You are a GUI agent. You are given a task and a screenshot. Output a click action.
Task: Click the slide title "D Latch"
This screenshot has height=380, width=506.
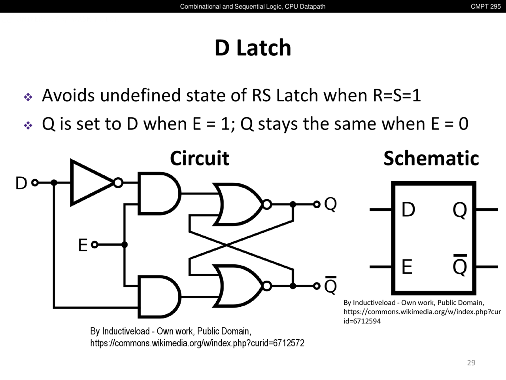point(253,47)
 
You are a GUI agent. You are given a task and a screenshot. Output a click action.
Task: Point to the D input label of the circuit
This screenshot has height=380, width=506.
point(21,183)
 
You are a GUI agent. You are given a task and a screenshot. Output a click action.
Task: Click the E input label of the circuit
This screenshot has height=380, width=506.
point(83,245)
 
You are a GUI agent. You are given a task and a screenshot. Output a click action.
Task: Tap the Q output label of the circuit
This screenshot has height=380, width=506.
point(330,204)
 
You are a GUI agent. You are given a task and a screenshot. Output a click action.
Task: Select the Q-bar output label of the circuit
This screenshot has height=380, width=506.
point(330,286)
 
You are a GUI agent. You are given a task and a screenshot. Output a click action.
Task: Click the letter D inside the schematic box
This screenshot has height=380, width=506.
point(408,210)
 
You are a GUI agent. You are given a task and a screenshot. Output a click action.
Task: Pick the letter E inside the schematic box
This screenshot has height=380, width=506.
point(407,267)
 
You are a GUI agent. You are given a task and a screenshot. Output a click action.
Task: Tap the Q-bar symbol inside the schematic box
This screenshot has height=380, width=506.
point(460,266)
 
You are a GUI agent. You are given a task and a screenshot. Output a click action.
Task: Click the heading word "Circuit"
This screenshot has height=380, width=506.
point(200,158)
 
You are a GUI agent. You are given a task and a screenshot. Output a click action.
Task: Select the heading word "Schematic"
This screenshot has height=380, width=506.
point(431,158)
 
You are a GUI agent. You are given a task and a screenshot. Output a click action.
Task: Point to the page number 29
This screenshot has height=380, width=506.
point(471,363)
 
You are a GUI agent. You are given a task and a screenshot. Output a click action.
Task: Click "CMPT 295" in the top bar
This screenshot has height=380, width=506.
point(485,6)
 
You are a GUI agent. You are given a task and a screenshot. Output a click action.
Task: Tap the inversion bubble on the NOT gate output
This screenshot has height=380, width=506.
point(118,183)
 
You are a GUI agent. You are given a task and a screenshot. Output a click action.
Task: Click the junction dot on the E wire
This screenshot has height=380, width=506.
point(125,245)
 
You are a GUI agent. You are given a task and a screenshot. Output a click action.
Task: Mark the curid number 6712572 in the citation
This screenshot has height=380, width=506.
point(289,343)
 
